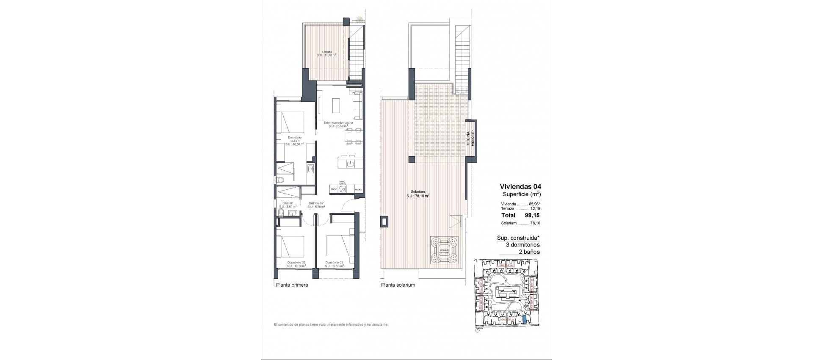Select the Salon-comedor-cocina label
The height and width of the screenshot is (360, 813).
(338, 124)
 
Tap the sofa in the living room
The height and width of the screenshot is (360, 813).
(358, 105)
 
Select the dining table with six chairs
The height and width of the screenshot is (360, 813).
(352, 136)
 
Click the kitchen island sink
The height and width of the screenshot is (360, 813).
(351, 163)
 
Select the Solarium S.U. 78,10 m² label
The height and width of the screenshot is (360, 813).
(418, 194)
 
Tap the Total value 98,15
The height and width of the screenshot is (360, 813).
(532, 216)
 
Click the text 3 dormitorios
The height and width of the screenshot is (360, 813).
(523, 245)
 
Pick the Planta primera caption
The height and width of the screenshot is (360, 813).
(292, 285)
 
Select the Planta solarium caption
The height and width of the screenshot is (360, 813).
(398, 285)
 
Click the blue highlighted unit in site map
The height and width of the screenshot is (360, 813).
(525, 321)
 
